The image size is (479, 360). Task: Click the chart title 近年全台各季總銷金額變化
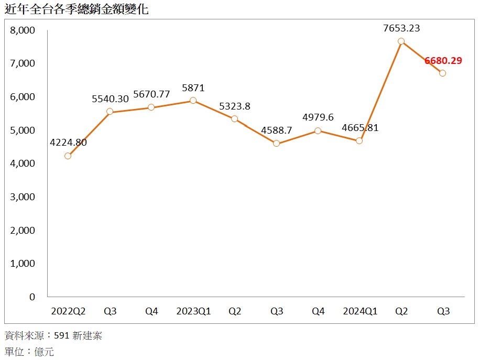[x=76, y=9]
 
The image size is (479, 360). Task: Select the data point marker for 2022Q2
[x=68, y=156]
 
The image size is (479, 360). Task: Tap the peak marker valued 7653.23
[x=401, y=41]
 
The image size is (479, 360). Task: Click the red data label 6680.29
[x=443, y=61]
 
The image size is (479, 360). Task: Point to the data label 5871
[x=193, y=88]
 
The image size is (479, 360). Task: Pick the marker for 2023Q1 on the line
[x=193, y=101]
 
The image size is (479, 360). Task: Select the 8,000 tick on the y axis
[x=23, y=30]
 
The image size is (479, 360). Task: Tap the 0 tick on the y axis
[x=32, y=297]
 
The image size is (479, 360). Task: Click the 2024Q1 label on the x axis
[x=360, y=311]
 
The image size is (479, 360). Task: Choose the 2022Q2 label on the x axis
[x=68, y=311]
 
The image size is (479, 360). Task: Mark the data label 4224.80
[x=68, y=142]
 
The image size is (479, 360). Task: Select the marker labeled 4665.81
[x=359, y=140]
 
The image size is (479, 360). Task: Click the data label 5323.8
[x=235, y=106]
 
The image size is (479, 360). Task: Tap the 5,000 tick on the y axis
[x=23, y=130]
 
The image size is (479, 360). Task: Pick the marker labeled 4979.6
[x=318, y=131]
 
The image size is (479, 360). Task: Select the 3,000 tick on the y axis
[x=23, y=197]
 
